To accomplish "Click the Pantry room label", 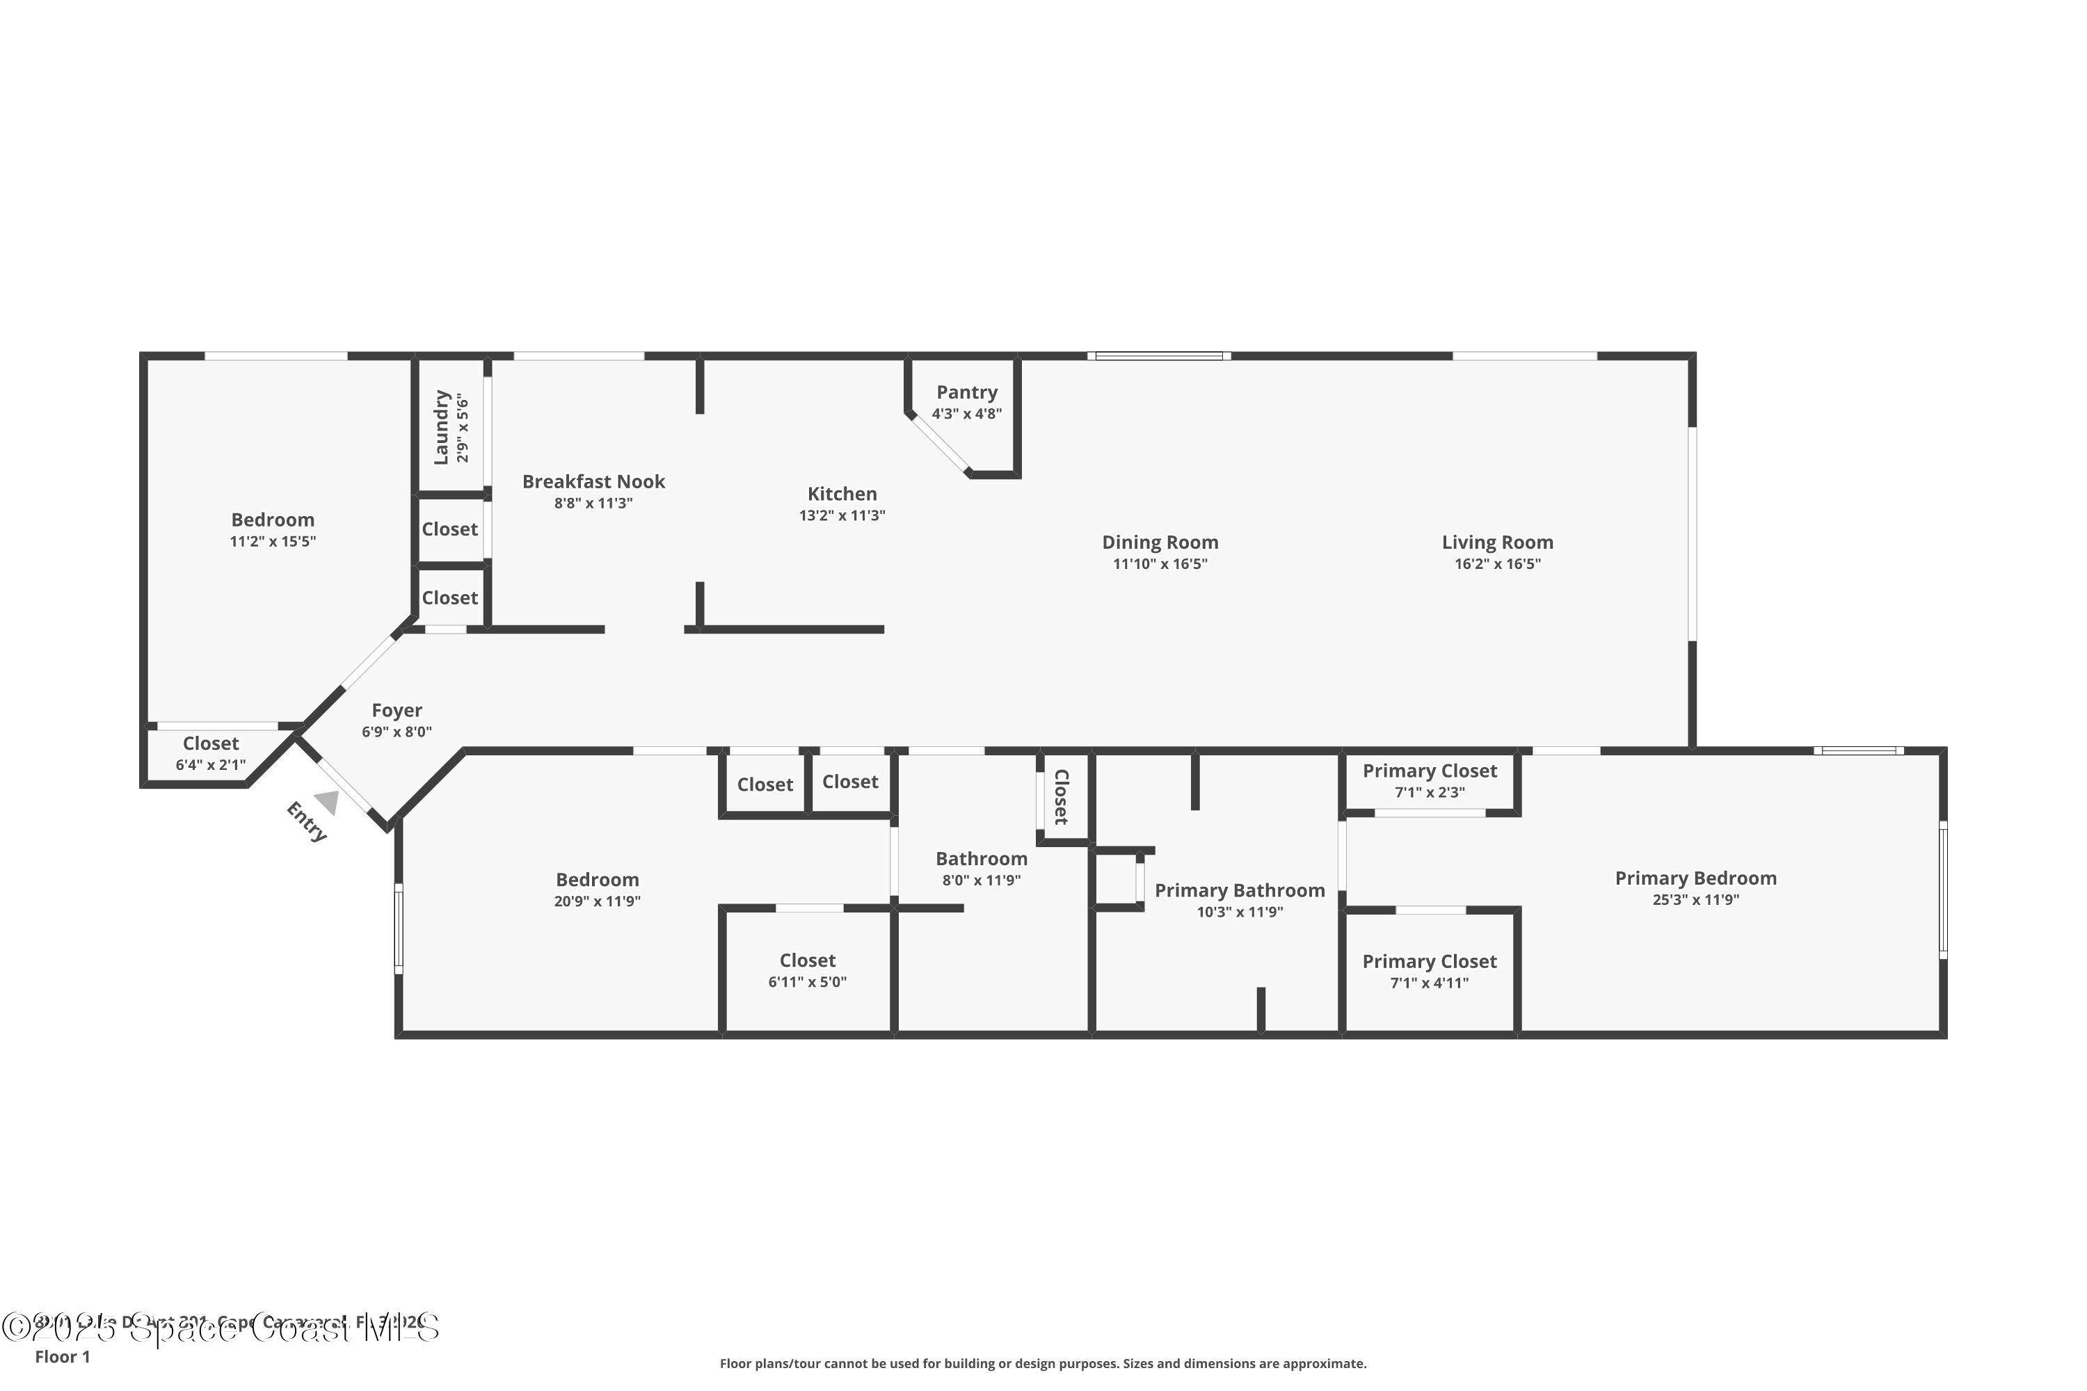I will (966, 392).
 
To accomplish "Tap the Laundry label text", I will (441, 427).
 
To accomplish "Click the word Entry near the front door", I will (307, 821).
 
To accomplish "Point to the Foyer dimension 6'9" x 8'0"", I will (397, 732).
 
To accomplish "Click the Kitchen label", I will (841, 494).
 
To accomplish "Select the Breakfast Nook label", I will (593, 482).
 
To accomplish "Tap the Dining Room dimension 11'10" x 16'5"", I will (1160, 564).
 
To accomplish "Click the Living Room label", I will (1497, 542).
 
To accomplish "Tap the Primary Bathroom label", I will (1240, 891).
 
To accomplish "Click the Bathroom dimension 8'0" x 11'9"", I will (982, 880).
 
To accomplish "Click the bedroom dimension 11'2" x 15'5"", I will (273, 541).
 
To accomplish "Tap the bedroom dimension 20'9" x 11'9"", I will (597, 901).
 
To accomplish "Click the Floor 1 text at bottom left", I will (62, 1356).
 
